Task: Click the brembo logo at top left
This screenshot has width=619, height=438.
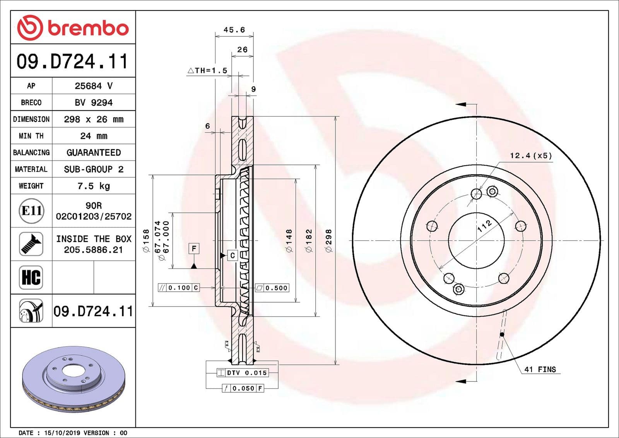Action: click(73, 28)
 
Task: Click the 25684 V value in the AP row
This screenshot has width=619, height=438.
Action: click(94, 86)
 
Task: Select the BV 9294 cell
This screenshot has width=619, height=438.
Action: click(94, 103)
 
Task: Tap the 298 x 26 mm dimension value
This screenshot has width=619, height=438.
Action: click(94, 119)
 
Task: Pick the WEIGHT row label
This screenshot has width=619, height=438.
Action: click(31, 186)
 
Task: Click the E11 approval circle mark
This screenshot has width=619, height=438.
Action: click(31, 211)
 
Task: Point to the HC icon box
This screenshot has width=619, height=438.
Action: click(31, 277)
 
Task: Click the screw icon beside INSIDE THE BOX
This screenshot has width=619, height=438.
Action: click(31, 244)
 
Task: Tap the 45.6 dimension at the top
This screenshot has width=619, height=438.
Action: click(234, 30)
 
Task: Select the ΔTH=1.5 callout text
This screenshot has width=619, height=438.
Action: click(208, 70)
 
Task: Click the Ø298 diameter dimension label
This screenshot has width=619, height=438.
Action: click(329, 241)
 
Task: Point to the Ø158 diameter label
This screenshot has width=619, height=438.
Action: click(146, 241)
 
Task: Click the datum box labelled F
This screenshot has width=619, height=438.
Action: click(194, 248)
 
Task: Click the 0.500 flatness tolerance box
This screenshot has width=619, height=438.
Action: click(272, 288)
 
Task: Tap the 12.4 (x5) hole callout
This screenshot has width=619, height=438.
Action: click(531, 156)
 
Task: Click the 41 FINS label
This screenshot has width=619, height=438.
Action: click(540, 370)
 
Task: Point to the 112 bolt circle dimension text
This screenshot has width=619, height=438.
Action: click(484, 226)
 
